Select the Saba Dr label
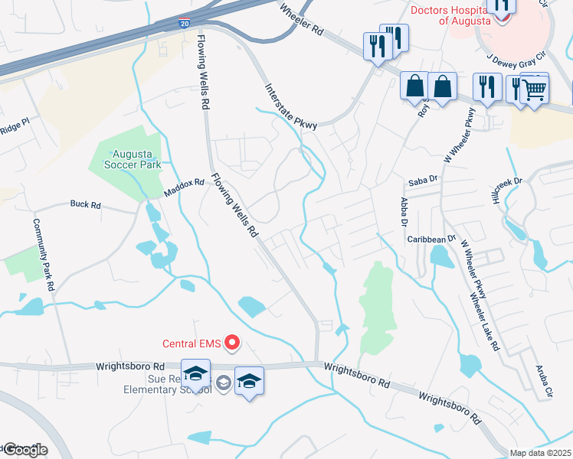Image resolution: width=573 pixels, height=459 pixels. pyautogui.click(x=422, y=181)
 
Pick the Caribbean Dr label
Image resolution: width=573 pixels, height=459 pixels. pyautogui.click(x=431, y=239)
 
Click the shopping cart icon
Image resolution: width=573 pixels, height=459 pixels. pyautogui.click(x=535, y=90)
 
